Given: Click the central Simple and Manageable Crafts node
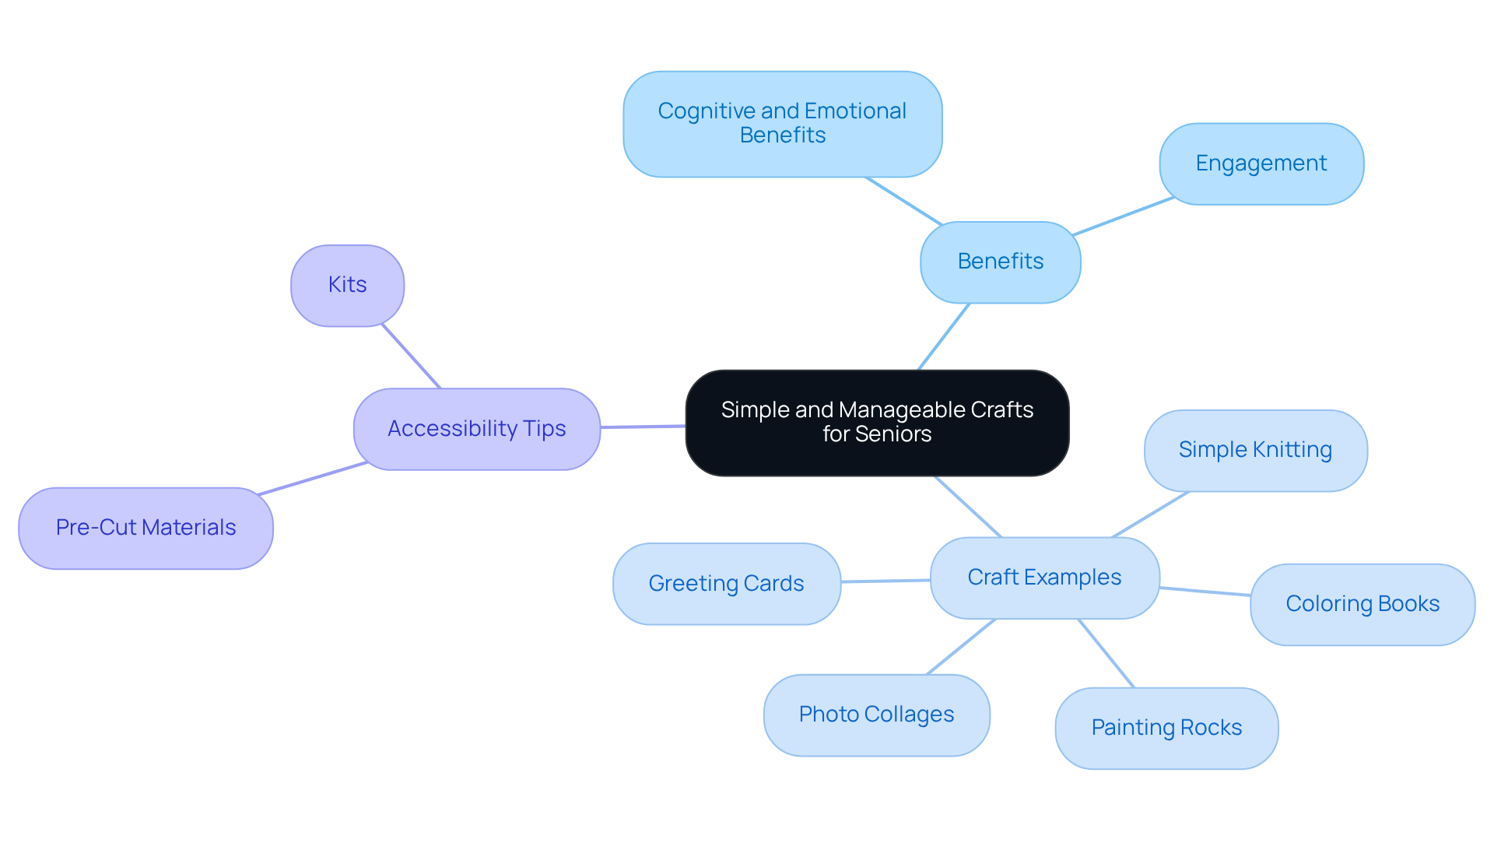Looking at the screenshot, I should click(877, 422).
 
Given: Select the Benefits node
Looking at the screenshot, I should click(1000, 262).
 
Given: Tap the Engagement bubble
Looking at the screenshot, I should click(1261, 163).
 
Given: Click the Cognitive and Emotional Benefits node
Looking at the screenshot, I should click(782, 124).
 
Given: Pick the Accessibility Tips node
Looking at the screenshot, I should click(476, 429).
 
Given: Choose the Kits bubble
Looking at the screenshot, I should click(347, 285).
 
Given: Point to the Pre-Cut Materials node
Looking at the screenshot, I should click(146, 528).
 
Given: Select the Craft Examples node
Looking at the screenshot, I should click(1044, 578).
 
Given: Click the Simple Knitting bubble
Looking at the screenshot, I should click(1254, 450).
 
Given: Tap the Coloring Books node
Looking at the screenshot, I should click(1362, 604).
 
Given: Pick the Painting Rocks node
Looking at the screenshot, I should click(1166, 728).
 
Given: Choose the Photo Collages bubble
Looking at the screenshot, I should click(876, 715).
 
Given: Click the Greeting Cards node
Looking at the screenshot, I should click(726, 584).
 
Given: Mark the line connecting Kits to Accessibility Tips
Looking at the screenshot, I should click(411, 356).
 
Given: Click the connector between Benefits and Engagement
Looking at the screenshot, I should click(1123, 216).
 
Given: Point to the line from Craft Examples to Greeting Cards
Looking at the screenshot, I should click(886, 581).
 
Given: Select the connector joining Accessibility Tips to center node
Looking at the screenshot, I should click(643, 427).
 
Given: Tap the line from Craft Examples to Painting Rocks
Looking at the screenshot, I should click(1106, 653).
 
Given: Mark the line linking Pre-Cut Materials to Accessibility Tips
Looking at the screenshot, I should click(312, 479).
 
